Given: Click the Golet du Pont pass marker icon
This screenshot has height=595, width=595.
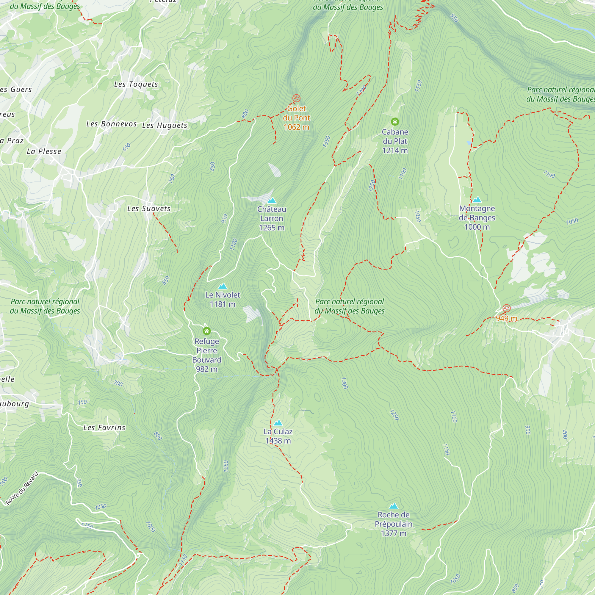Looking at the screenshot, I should pyautogui.click(x=296, y=98).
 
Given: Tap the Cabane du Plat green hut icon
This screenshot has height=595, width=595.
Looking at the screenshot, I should pyautogui.click(x=395, y=122).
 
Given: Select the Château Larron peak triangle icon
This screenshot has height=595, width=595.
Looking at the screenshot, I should pyautogui.click(x=272, y=201).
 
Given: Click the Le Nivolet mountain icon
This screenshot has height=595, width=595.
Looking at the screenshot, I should pyautogui.click(x=222, y=286).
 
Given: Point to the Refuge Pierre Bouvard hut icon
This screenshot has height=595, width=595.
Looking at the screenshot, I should pyautogui.click(x=207, y=331).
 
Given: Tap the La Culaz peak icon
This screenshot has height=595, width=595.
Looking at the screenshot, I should pyautogui.click(x=278, y=423).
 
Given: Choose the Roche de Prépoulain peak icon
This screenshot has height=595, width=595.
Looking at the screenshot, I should pyautogui.click(x=393, y=506).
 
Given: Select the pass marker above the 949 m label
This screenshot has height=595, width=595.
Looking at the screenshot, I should pyautogui.click(x=506, y=308).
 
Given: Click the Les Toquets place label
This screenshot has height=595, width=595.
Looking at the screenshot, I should pyautogui.click(x=136, y=84).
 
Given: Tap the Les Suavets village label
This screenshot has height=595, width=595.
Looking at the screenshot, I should pyautogui.click(x=149, y=209).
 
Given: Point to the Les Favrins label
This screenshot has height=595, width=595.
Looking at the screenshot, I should pyautogui.click(x=104, y=428).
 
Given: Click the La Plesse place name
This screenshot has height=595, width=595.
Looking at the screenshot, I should pyautogui.click(x=44, y=151).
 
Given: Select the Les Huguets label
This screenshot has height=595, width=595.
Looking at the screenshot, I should pyautogui.click(x=165, y=125).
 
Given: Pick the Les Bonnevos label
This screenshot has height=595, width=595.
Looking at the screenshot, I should pyautogui.click(x=111, y=124).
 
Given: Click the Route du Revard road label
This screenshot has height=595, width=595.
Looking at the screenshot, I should pyautogui.click(x=22, y=488).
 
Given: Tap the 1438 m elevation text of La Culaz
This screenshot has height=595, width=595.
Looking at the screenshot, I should pyautogui.click(x=278, y=441).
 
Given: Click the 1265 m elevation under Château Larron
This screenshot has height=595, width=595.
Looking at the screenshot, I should pyautogui.click(x=272, y=228).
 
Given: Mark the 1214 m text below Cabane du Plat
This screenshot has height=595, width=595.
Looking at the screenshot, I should pyautogui.click(x=395, y=150).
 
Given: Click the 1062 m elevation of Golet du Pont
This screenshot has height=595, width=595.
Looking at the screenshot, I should pyautogui.click(x=296, y=127).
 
